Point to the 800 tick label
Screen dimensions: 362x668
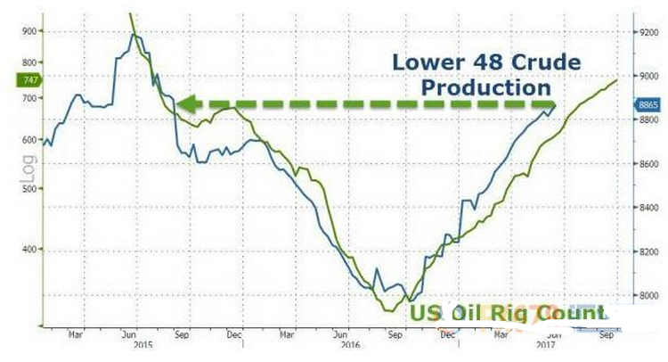pos(28,62)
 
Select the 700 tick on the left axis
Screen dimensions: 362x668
pos(28,99)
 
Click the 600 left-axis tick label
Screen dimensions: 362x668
pos(28,140)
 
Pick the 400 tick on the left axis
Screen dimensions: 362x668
pos(28,250)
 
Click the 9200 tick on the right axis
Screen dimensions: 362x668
pos(648,31)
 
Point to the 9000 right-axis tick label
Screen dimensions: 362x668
pos(648,76)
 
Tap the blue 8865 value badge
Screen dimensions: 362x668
pos(648,105)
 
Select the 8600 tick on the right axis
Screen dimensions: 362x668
pos(648,164)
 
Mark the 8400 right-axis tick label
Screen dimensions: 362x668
pos(648,208)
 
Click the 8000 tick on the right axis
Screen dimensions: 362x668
pos(648,295)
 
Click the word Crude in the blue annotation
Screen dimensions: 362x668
pos(542,63)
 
